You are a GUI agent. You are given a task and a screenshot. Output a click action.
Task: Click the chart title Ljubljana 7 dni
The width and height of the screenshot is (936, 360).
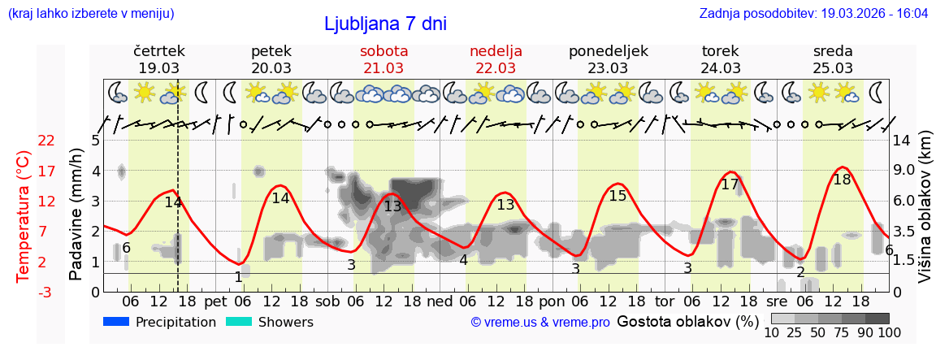pos(385,24)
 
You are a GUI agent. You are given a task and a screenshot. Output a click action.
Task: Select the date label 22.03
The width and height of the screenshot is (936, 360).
pos(496,68)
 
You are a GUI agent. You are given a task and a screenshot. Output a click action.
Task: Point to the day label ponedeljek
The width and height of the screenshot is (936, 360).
pos(608,50)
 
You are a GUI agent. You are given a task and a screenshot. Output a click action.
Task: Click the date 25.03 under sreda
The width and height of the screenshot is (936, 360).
pos(833,68)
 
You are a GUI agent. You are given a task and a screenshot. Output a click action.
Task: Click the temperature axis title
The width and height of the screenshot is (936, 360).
pos(24,215)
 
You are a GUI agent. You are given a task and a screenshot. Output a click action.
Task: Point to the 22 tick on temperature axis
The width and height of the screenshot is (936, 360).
pos(46,141)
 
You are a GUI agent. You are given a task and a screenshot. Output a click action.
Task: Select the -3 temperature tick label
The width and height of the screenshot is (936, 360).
pos(46,292)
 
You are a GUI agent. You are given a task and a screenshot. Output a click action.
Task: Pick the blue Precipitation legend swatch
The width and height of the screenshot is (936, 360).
pos(116,322)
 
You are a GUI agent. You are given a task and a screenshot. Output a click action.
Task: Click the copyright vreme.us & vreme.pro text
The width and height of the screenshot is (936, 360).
pos(540,323)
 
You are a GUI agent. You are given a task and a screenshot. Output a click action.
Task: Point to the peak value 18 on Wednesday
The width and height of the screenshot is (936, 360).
pos(842,180)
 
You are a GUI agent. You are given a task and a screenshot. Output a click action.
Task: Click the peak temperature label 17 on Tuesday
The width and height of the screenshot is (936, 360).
pos(730,184)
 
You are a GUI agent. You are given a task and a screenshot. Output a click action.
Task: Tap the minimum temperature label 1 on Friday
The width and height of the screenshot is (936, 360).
pos(238,277)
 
